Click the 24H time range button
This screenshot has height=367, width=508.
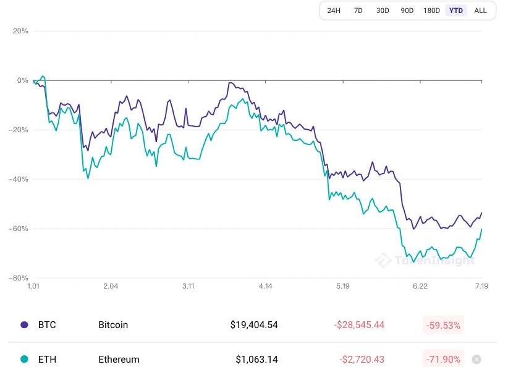point(334,11)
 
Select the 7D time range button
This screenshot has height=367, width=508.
point(358,11)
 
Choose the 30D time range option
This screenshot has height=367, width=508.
point(383,11)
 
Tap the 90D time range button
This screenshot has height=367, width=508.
point(407,11)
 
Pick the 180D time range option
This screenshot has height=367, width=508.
point(431,11)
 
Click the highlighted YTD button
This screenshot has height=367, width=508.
point(456,11)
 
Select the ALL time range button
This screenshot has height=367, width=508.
point(480,11)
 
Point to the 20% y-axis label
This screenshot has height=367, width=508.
point(20,31)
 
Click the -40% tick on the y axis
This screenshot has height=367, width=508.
point(19,179)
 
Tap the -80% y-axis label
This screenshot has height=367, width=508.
point(19,278)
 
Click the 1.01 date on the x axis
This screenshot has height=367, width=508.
point(33,286)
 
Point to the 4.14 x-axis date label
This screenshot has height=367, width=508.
point(266,286)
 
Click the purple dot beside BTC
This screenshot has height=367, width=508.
point(24,324)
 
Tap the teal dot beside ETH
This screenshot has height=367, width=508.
point(24,359)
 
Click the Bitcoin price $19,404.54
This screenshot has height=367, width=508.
point(254,324)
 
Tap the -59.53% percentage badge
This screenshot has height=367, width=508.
point(443,324)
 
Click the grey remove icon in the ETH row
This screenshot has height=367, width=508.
point(476,359)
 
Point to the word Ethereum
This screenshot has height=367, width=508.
point(119,359)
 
